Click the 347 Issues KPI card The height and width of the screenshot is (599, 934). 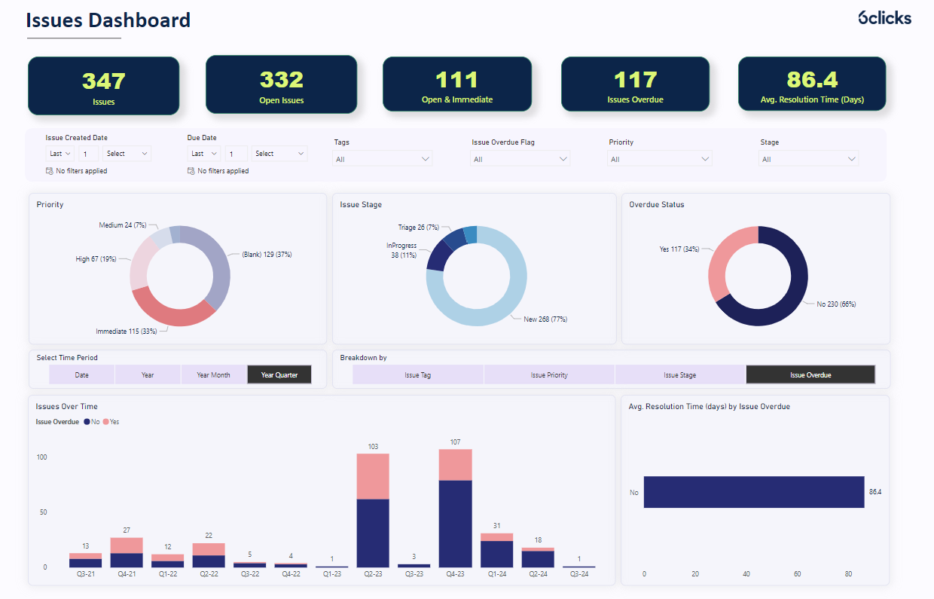pos(104,86)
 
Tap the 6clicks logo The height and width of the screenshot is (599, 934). pos(884,17)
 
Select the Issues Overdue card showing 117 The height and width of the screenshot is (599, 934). pos(635,84)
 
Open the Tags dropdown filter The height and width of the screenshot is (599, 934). pos(383,159)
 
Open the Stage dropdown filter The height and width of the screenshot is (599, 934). pos(808,159)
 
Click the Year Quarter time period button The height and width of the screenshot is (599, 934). pos(279,374)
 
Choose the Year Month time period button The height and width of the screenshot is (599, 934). pos(213,374)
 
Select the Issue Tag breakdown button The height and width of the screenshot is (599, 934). pos(417,374)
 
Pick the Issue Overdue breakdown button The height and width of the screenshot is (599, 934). pos(810,374)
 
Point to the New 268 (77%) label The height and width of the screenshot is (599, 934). pos(545,319)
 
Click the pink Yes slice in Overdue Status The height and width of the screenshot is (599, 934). pos(723,260)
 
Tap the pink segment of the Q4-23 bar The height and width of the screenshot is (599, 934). pos(455,465)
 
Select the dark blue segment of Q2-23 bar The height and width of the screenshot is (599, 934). pos(373,533)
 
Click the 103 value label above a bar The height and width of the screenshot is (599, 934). pos(373,447)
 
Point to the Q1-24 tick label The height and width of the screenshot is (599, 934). pos(496,573)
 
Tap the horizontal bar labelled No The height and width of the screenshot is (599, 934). pos(753,492)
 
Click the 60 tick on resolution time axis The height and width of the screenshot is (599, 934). pos(798,573)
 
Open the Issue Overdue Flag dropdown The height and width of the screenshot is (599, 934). pos(520,159)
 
